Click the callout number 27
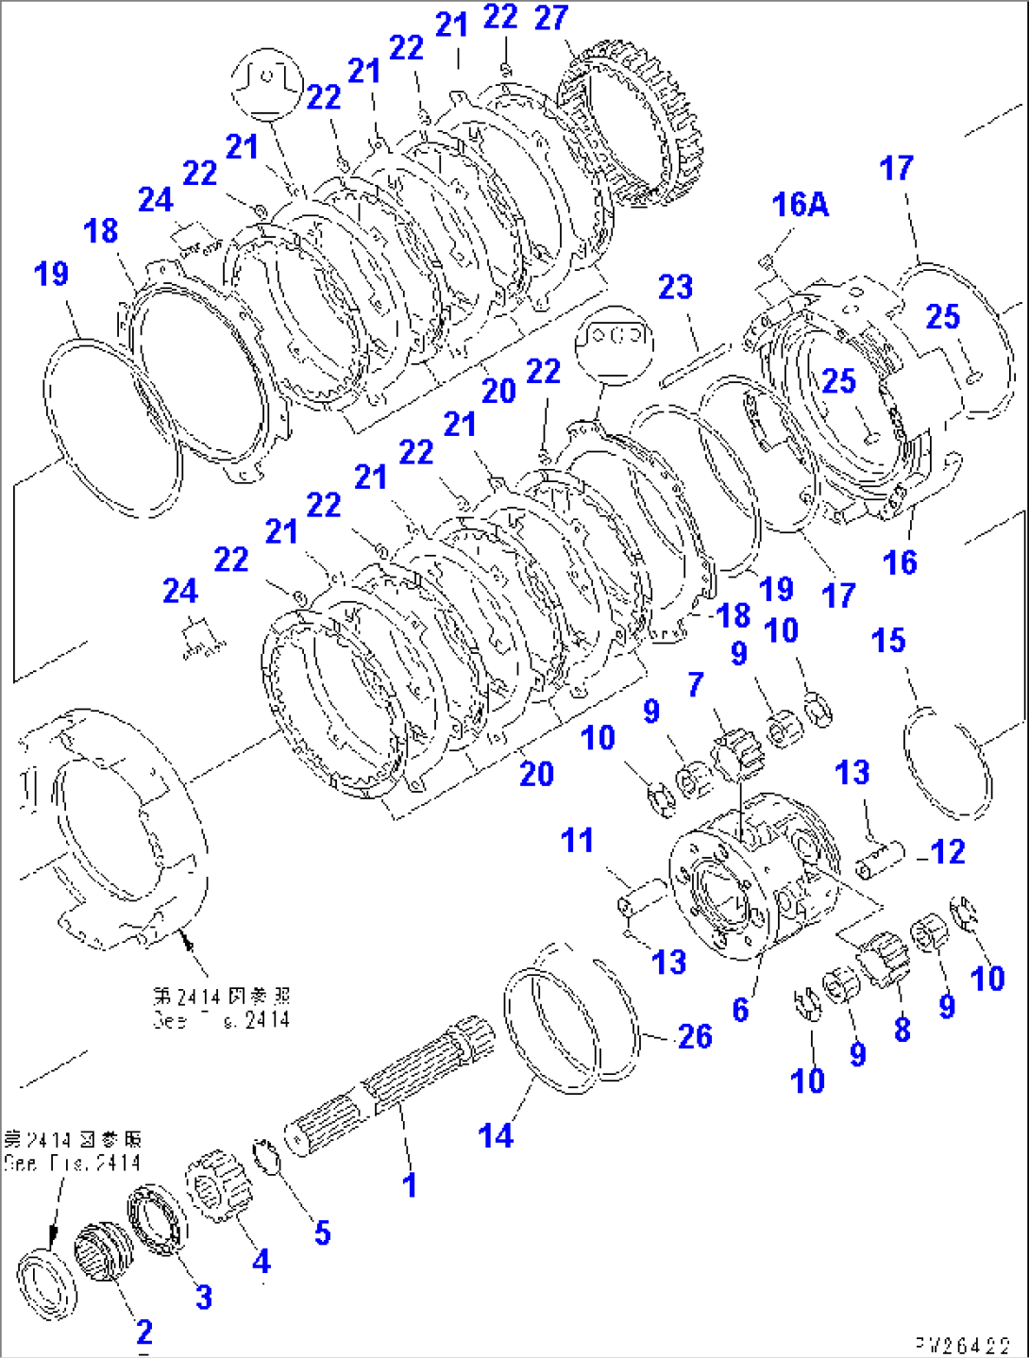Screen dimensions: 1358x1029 (x=551, y=18)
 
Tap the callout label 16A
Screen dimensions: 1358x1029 (x=801, y=204)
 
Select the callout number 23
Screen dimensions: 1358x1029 (x=676, y=287)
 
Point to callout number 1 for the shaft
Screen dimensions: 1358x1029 (x=410, y=1185)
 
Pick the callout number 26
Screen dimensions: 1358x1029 (x=696, y=1036)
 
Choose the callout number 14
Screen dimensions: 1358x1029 (x=497, y=1135)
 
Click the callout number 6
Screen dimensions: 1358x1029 (x=741, y=1010)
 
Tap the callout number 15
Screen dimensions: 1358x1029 (x=889, y=641)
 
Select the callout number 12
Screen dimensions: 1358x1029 (x=948, y=852)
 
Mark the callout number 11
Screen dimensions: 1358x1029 (x=577, y=840)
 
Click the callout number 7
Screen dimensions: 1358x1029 (x=696, y=684)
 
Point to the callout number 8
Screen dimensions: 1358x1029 (x=902, y=1029)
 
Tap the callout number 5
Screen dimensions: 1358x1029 (x=323, y=1232)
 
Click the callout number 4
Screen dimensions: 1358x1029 (x=261, y=1261)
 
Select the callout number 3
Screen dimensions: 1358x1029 (x=204, y=1297)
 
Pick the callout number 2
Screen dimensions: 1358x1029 (x=144, y=1332)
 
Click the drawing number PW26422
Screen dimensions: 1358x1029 (x=962, y=1345)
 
